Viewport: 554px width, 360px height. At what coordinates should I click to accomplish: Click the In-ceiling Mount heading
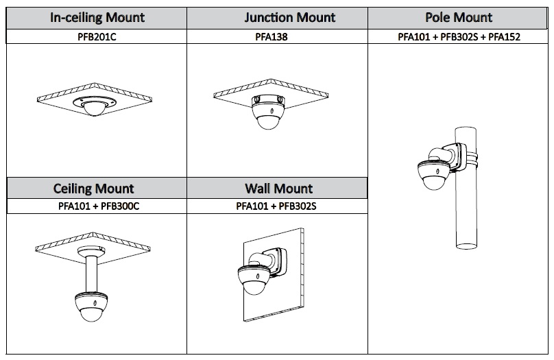pyautogui.click(x=97, y=18)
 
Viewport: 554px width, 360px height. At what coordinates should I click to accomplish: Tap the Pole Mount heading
pyautogui.click(x=459, y=18)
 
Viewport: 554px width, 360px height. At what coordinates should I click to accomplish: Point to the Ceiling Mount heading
pyautogui.click(x=94, y=188)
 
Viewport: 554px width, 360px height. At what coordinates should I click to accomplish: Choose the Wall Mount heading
pyautogui.click(x=278, y=188)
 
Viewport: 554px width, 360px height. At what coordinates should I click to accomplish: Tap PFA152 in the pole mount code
pyautogui.click(x=504, y=36)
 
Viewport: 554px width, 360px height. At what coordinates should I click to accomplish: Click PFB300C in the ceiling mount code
pyautogui.click(x=119, y=205)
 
